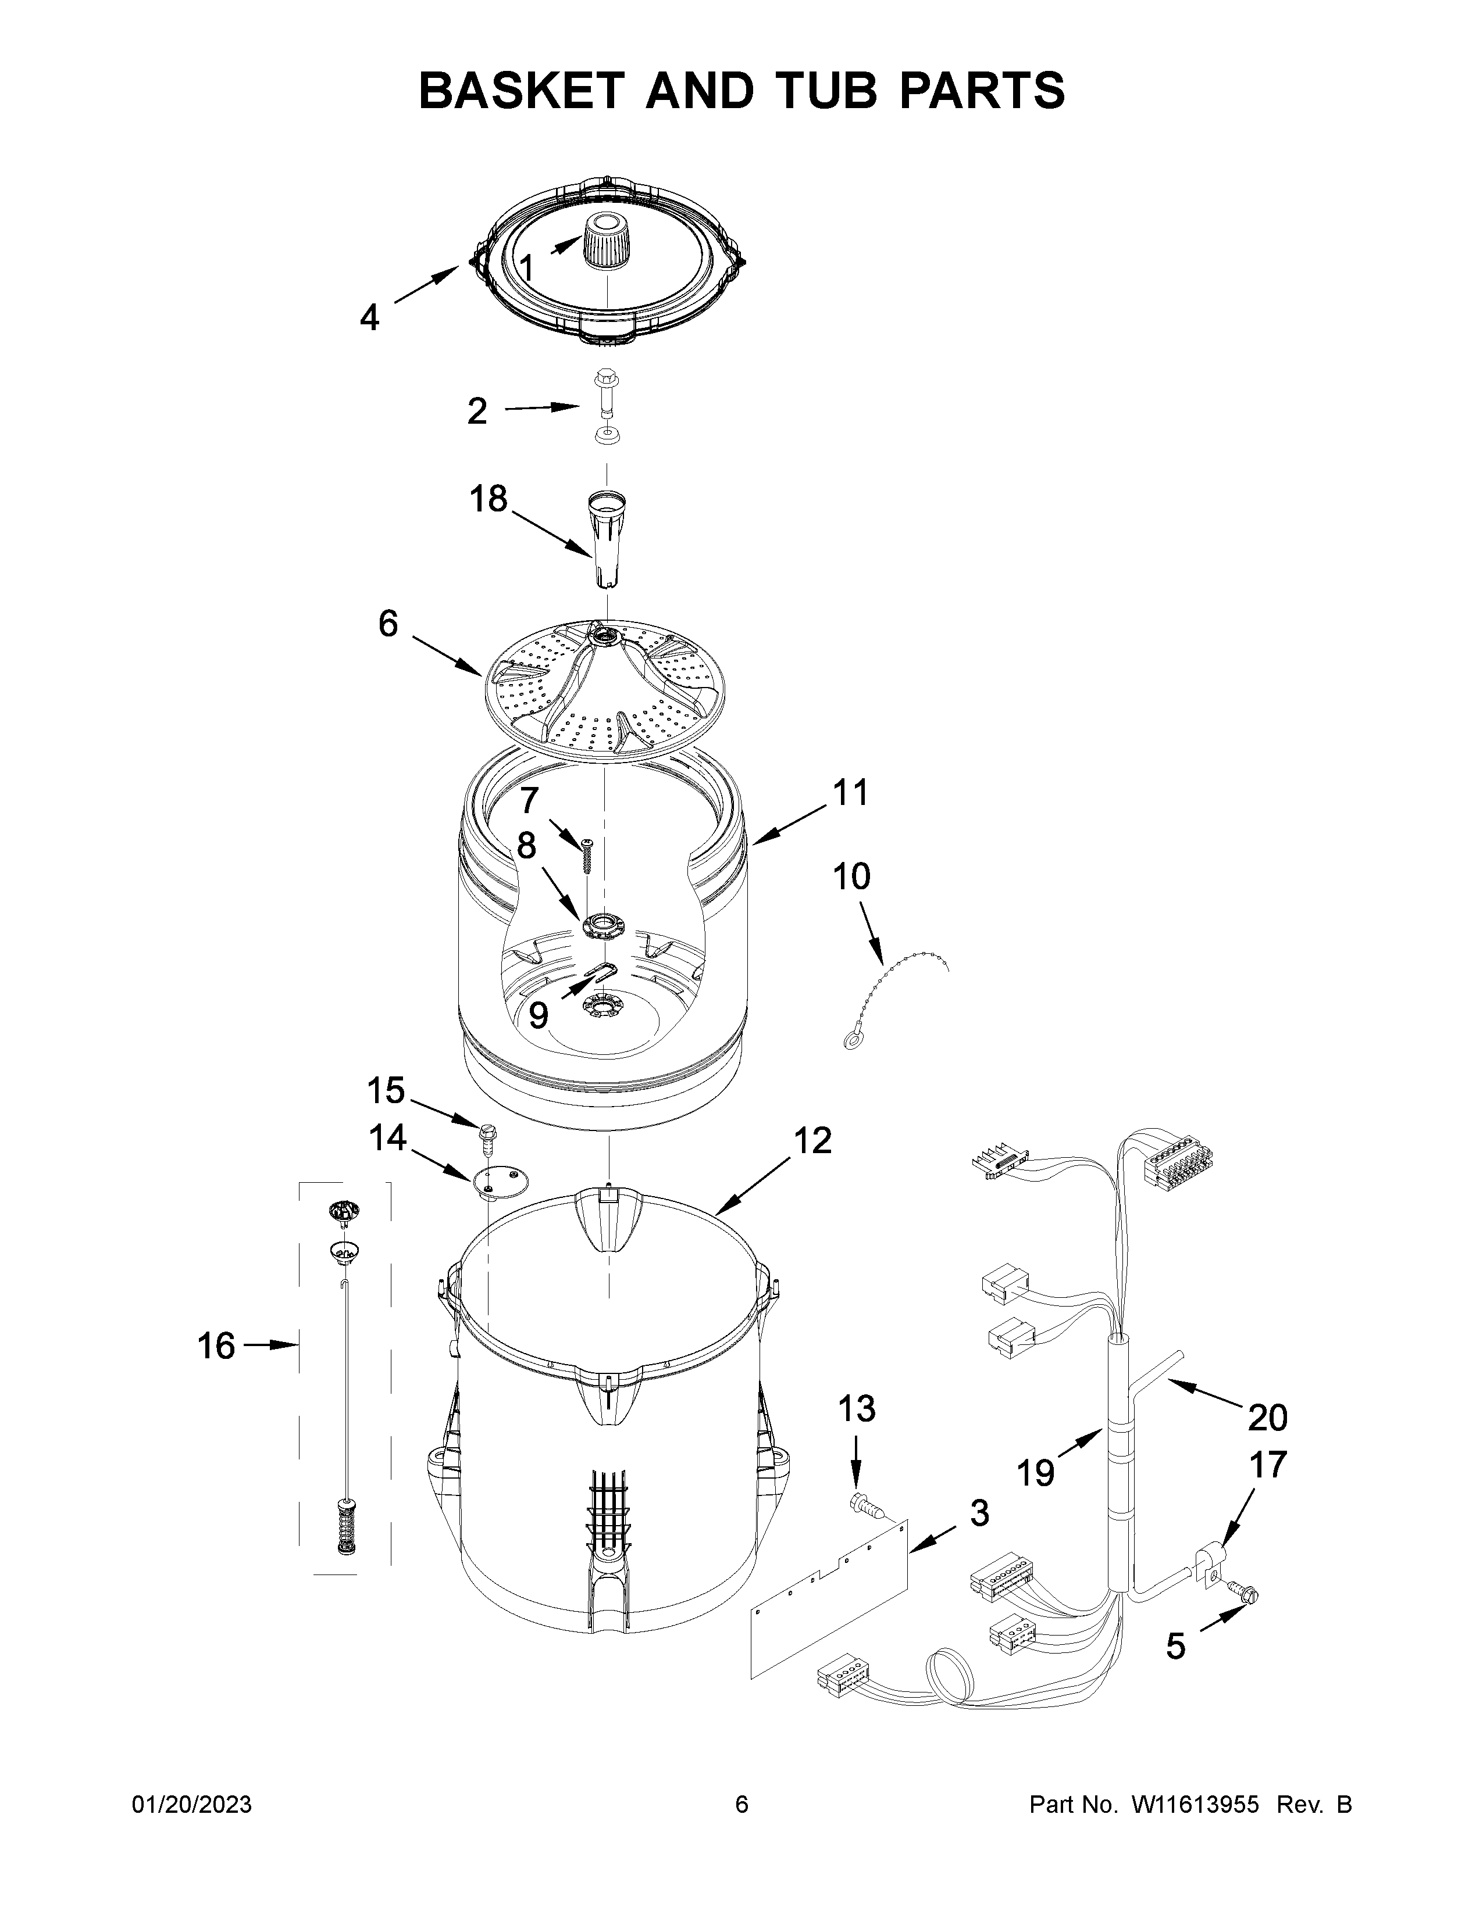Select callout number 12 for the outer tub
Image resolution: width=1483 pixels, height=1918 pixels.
(x=812, y=1141)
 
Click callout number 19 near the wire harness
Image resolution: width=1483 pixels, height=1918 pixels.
(x=1036, y=1473)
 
